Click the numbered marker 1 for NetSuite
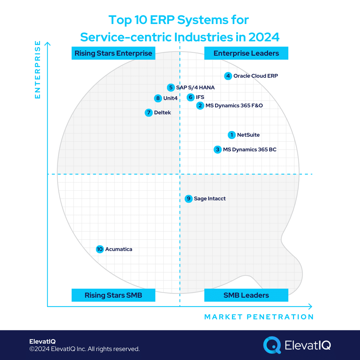click(x=232, y=135)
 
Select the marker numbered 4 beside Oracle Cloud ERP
click(x=228, y=76)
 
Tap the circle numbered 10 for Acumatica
click(x=100, y=249)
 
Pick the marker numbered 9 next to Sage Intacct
click(x=189, y=199)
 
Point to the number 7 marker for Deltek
click(x=149, y=113)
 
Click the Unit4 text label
click(x=170, y=98)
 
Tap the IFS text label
click(x=200, y=97)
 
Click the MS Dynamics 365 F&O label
click(x=234, y=106)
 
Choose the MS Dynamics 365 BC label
click(x=250, y=150)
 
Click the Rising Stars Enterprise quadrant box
click(x=113, y=53)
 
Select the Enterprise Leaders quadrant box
click(x=246, y=53)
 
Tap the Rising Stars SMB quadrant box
click(x=113, y=295)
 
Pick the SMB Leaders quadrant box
click(x=246, y=295)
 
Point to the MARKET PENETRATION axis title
click(x=259, y=317)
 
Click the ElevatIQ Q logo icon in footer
click(x=272, y=345)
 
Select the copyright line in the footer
click(x=84, y=349)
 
